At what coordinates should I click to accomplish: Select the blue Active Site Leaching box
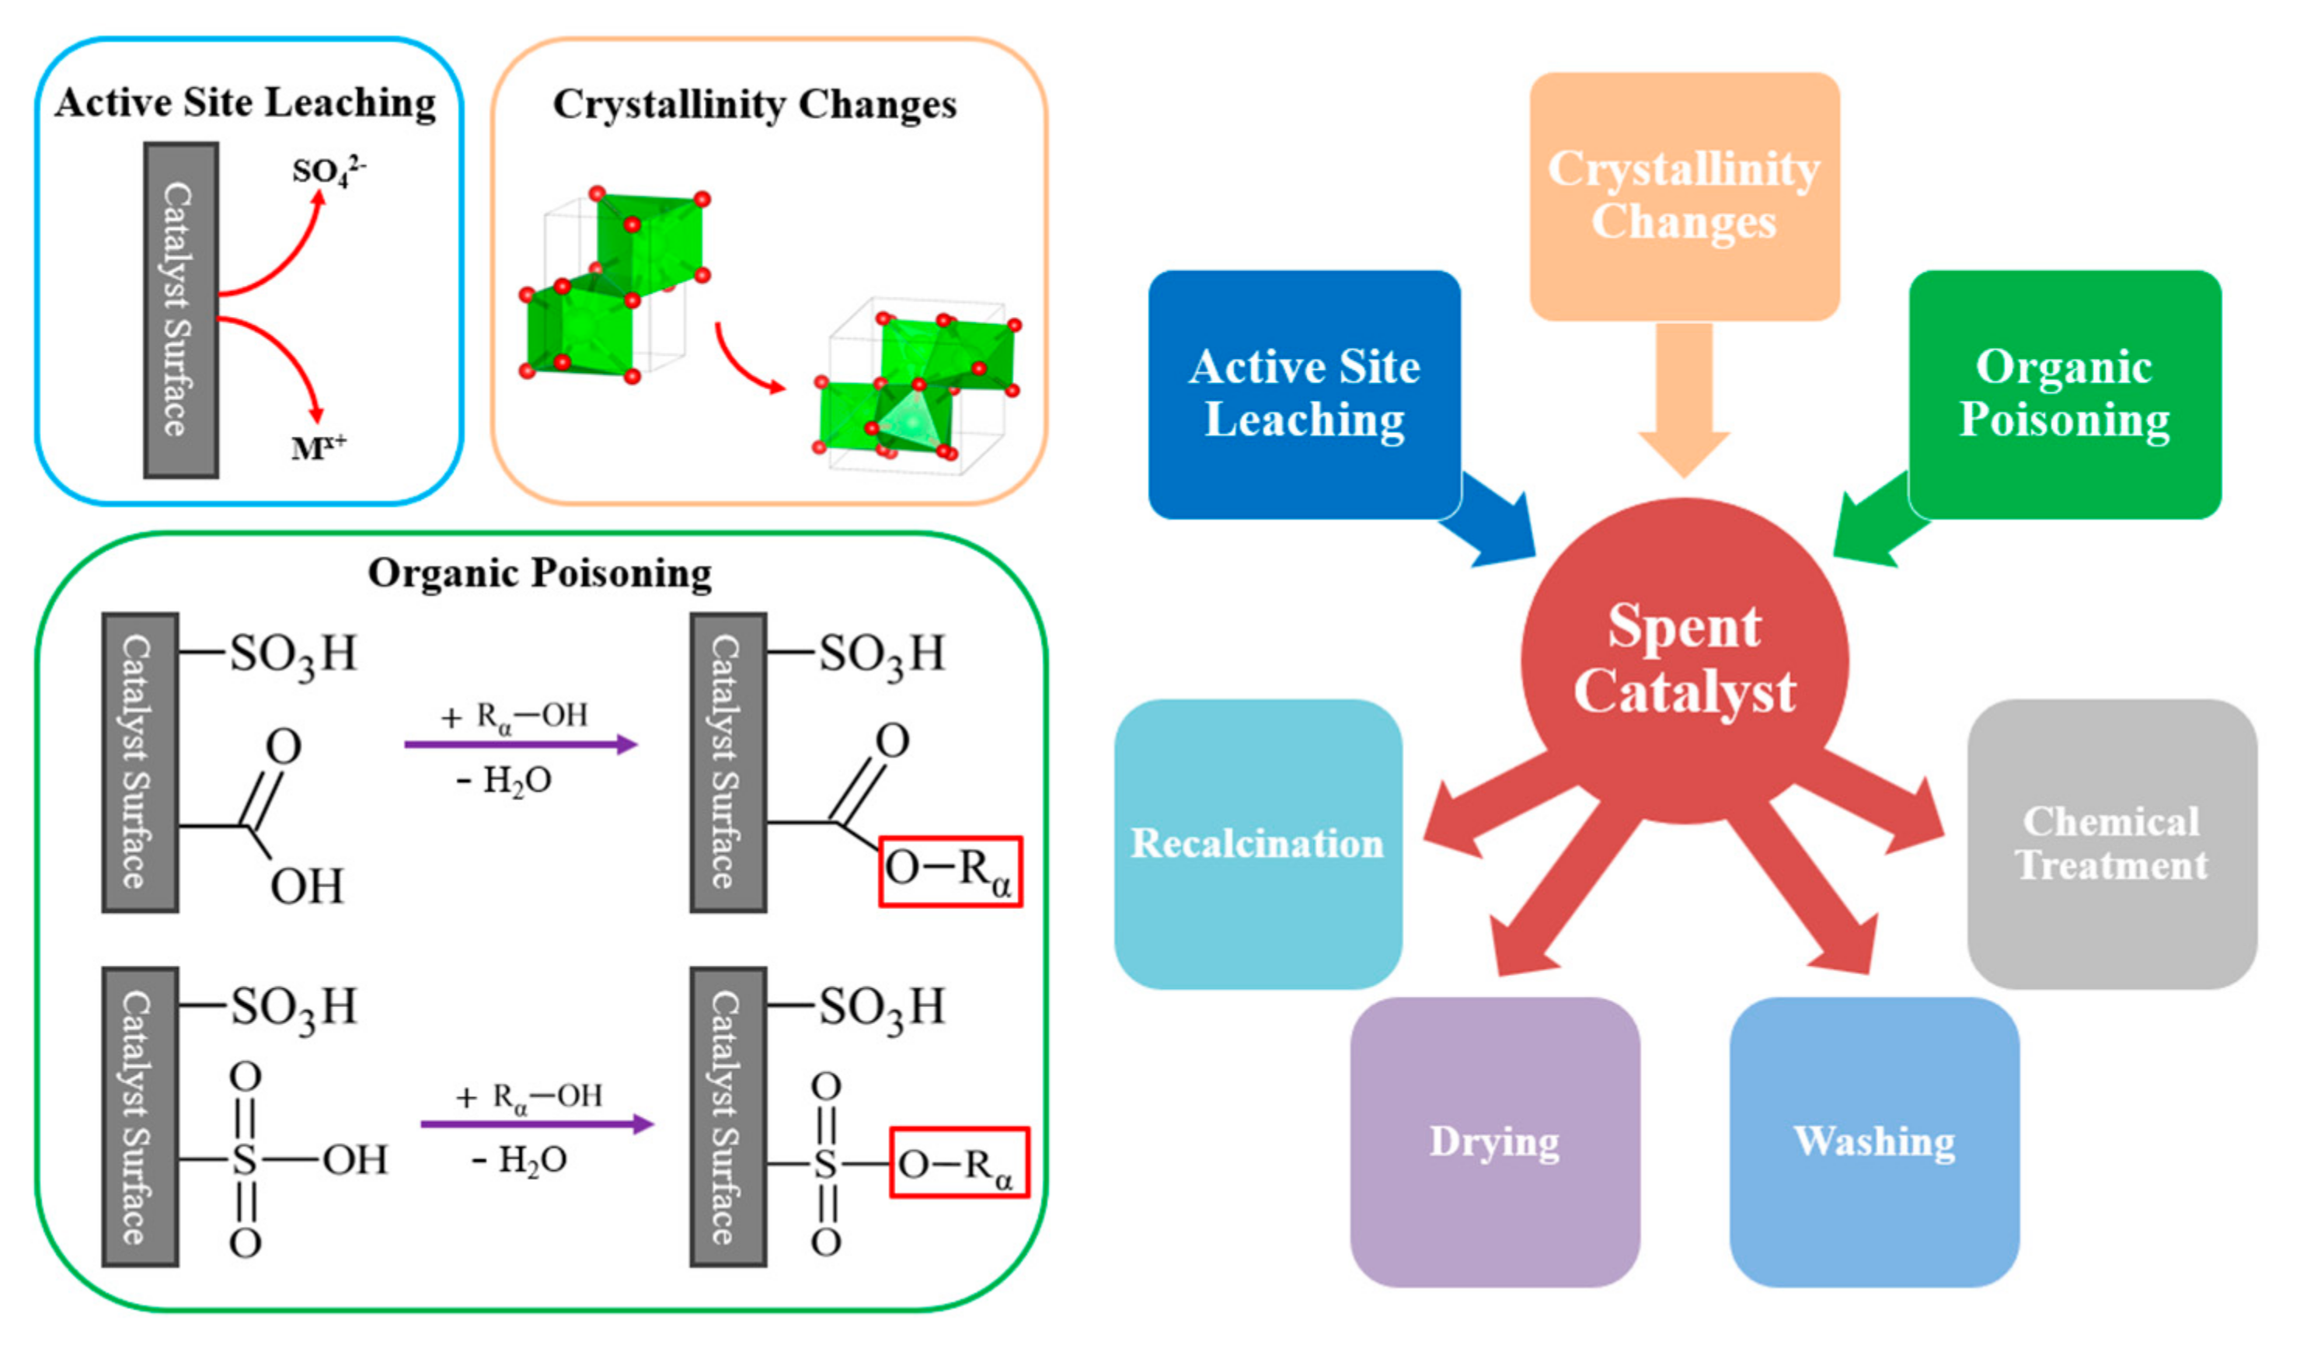tap(1303, 395)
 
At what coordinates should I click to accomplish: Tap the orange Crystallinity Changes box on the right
tap(1685, 197)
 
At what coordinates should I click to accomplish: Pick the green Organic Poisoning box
tap(2064, 395)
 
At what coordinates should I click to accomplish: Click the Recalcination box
tap(1257, 844)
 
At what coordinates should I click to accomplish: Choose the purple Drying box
tap(1495, 1141)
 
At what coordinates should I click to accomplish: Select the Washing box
tap(1873, 1141)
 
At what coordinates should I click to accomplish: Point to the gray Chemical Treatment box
tap(2111, 844)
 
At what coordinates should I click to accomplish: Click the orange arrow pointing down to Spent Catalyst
tap(1685, 402)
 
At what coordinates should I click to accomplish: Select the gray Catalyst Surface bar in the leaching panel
tap(181, 311)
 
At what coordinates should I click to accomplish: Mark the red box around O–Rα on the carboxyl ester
tap(950, 871)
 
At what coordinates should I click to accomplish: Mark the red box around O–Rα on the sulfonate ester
tap(959, 1162)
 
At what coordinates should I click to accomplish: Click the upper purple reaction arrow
tap(521, 744)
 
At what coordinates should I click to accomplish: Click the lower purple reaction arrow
tap(537, 1124)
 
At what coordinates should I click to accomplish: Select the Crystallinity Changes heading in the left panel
tap(754, 104)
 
